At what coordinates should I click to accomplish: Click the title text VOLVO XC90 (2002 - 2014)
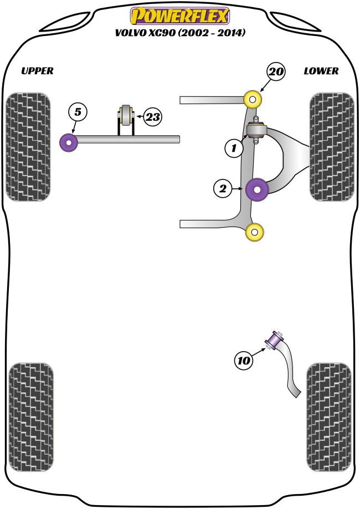pos(180,33)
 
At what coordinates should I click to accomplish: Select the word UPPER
pos(37,71)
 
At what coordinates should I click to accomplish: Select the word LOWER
pos(321,71)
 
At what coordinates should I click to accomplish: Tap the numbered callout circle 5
pos(78,112)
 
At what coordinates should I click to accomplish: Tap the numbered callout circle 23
pos(153,117)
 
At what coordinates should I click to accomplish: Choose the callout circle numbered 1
pos(234,148)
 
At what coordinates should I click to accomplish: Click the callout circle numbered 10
pos(244,361)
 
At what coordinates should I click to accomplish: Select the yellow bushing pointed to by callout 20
pos(254,100)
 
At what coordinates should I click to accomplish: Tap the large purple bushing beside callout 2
pos(257,189)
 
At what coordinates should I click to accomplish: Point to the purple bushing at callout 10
pos(275,339)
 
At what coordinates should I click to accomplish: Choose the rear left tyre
pos(31,415)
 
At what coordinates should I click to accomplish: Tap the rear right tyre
pos(328,415)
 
